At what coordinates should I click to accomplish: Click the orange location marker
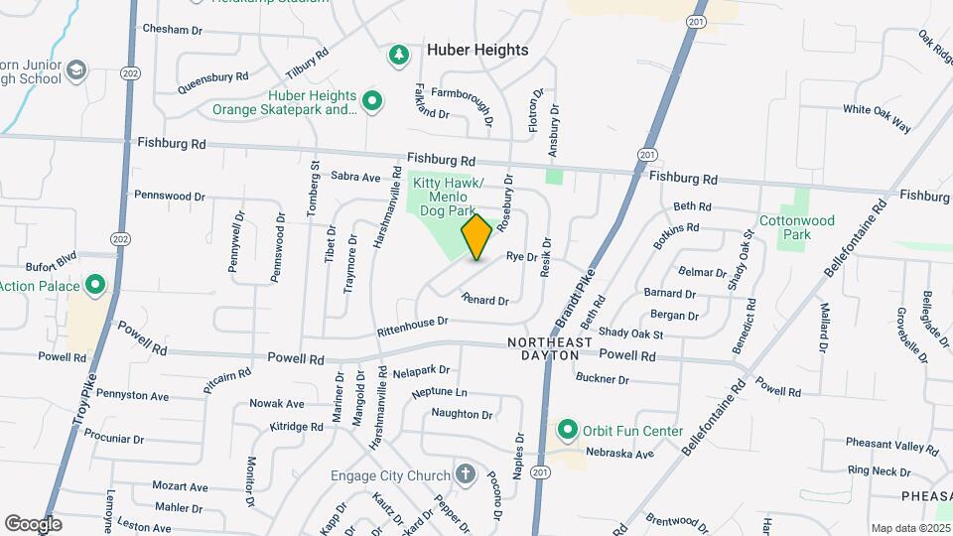click(476, 237)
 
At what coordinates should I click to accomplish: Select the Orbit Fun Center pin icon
click(568, 430)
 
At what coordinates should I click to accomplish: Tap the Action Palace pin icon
click(95, 286)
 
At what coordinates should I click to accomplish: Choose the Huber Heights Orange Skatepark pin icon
click(372, 100)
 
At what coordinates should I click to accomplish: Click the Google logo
click(33, 524)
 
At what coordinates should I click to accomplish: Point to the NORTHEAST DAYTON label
click(550, 348)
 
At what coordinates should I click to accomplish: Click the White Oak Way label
click(877, 117)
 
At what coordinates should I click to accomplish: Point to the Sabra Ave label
click(355, 178)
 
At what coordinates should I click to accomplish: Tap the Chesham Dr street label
click(173, 30)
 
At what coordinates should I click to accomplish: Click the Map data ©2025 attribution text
click(909, 528)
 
